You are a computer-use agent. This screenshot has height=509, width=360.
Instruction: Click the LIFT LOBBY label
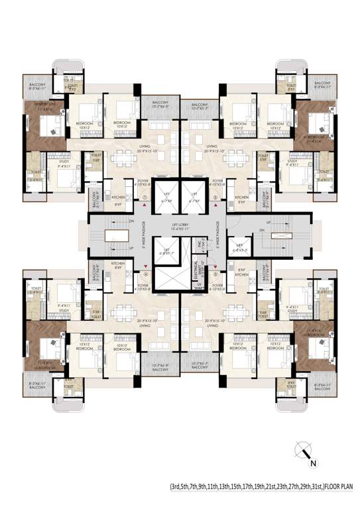pos(180,226)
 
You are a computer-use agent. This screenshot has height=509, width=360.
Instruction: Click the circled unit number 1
pos(144,198)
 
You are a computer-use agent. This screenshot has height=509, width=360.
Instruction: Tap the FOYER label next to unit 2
pos(216,179)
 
